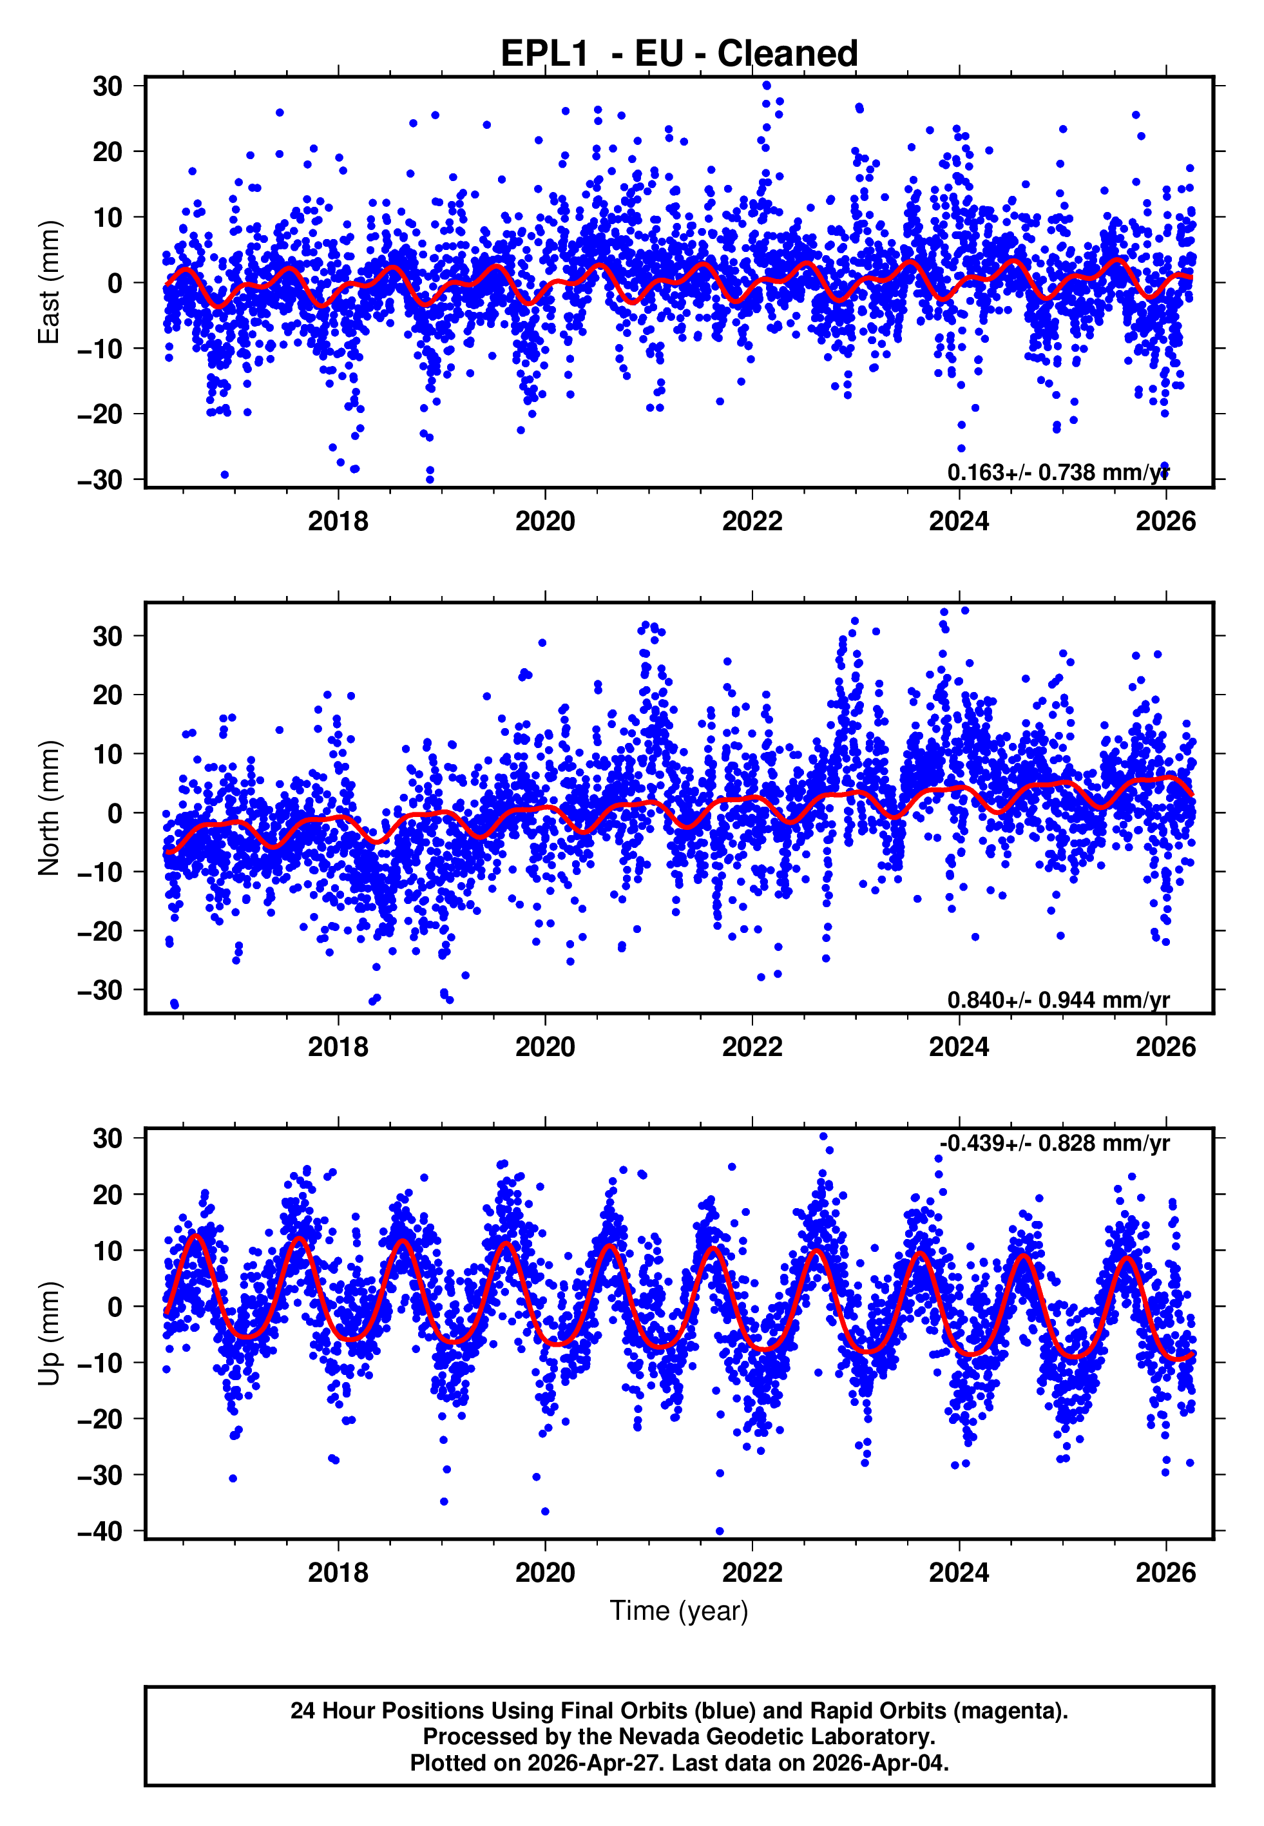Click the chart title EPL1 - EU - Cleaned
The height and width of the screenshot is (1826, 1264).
tap(679, 54)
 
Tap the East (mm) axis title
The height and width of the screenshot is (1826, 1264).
tap(49, 282)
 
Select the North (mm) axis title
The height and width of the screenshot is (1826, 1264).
tap(49, 808)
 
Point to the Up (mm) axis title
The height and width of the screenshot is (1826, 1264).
tap(49, 1334)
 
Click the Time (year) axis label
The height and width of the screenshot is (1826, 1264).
tap(679, 1611)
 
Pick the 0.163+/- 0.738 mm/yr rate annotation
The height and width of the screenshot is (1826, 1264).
tap(1057, 473)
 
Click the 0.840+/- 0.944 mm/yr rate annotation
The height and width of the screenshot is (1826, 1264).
tap(1057, 1000)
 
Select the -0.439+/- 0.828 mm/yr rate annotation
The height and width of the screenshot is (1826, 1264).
tap(1054, 1144)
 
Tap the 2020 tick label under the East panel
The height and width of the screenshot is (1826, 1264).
tap(545, 521)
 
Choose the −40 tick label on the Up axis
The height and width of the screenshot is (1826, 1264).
tap(100, 1532)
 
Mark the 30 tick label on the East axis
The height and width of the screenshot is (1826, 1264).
tap(108, 86)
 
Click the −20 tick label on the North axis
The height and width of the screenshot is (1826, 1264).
tap(100, 931)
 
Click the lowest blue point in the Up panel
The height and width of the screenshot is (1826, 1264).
tap(719, 1531)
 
